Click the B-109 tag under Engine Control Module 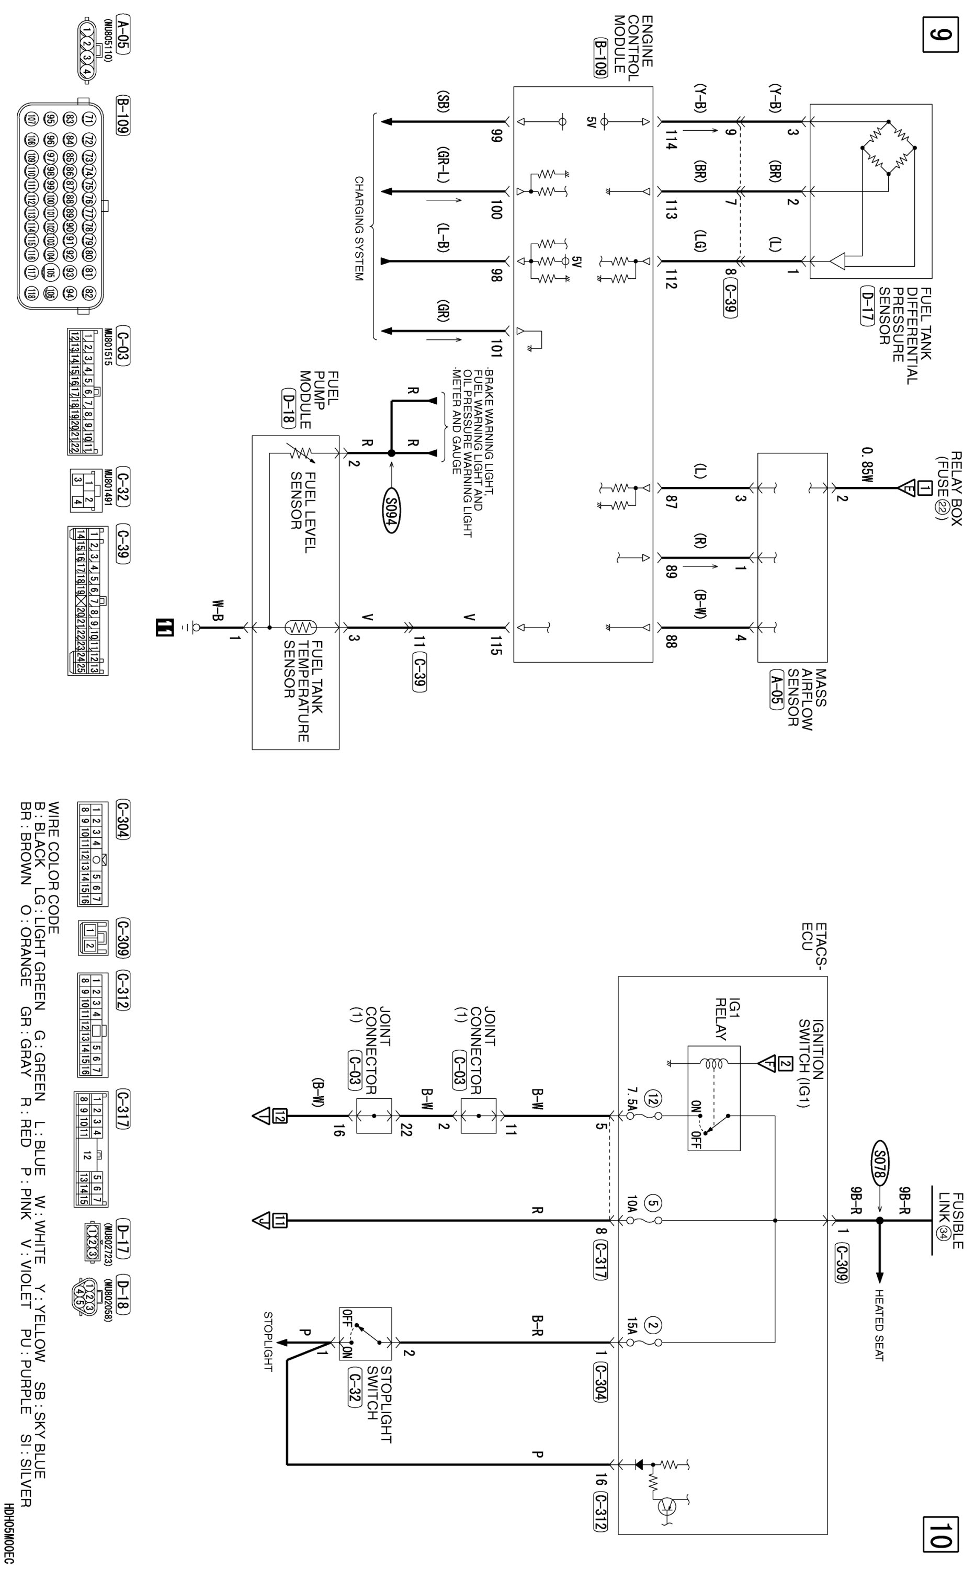tap(600, 58)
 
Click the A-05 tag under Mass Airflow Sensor tap(777, 689)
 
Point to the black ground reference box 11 tap(164, 627)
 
